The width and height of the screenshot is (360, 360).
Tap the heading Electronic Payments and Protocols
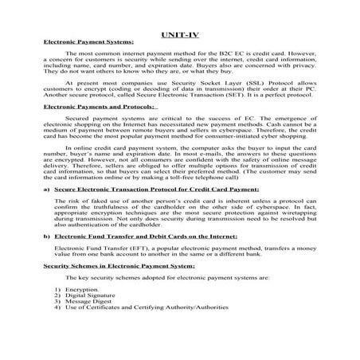[90, 128]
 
